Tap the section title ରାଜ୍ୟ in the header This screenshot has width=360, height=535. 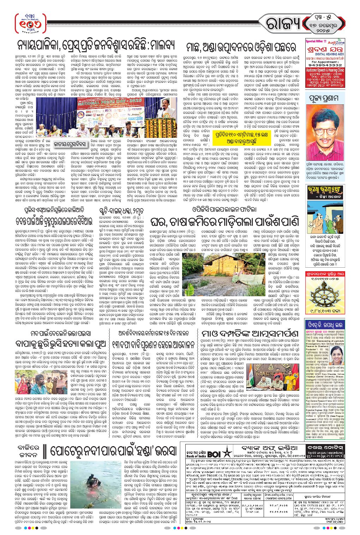pyautogui.click(x=284, y=24)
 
